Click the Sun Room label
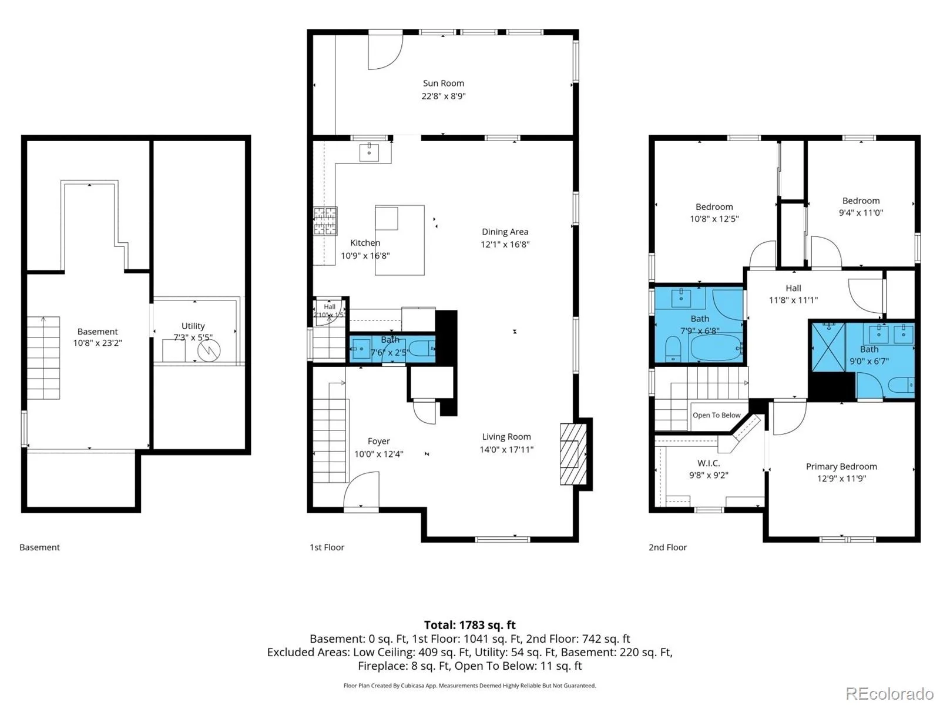tap(443, 83)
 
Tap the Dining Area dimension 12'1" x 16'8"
tap(505, 244)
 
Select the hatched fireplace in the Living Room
tap(573, 454)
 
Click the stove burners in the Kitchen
tap(325, 221)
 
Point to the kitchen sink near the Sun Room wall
tap(369, 152)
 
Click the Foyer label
tap(378, 441)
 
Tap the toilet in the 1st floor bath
tap(422, 349)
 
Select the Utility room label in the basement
tap(193, 326)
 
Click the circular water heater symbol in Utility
tap(209, 350)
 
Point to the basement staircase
tap(43, 358)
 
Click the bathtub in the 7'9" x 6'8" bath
tap(716, 348)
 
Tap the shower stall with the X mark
tap(828, 348)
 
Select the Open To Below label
tap(716, 415)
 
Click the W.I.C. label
tap(709, 463)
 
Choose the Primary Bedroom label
tap(841, 466)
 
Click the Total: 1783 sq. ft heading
tap(470, 625)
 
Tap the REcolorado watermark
tap(889, 693)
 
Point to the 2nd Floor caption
tap(667, 547)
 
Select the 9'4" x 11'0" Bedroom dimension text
tap(861, 213)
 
